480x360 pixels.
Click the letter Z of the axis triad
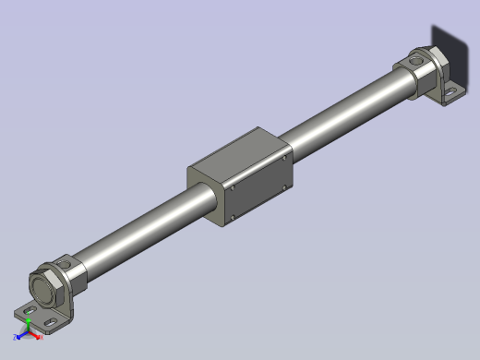pyautogui.click(x=16, y=337)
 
